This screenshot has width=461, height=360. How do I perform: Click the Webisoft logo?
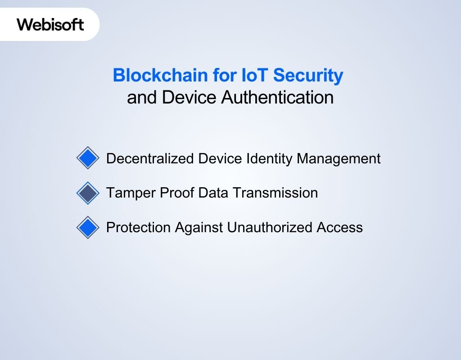(x=50, y=24)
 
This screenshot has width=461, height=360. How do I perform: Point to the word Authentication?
(x=278, y=97)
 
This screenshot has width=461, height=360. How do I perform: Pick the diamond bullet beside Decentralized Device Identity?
(x=88, y=158)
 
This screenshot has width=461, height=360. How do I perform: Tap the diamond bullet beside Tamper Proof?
(x=88, y=193)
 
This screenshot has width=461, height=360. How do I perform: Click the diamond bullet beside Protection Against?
(x=88, y=227)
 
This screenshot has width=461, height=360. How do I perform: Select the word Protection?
(x=138, y=227)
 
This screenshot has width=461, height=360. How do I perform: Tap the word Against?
(x=199, y=227)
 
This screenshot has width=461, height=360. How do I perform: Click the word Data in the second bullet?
(x=213, y=193)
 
